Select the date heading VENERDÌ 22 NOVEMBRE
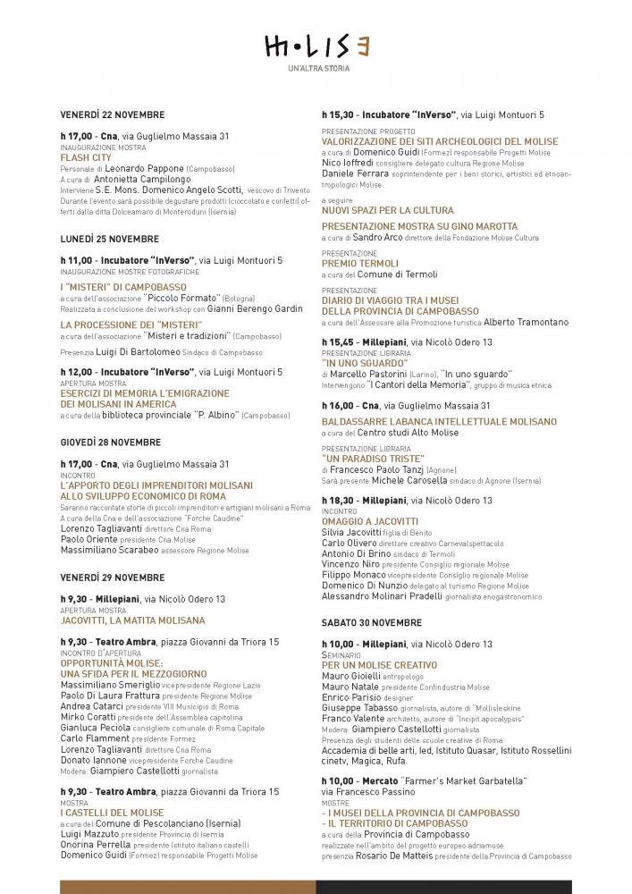113,114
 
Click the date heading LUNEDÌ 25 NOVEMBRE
110,239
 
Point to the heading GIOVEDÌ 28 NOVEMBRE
111,442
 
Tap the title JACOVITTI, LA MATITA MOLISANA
132,620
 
